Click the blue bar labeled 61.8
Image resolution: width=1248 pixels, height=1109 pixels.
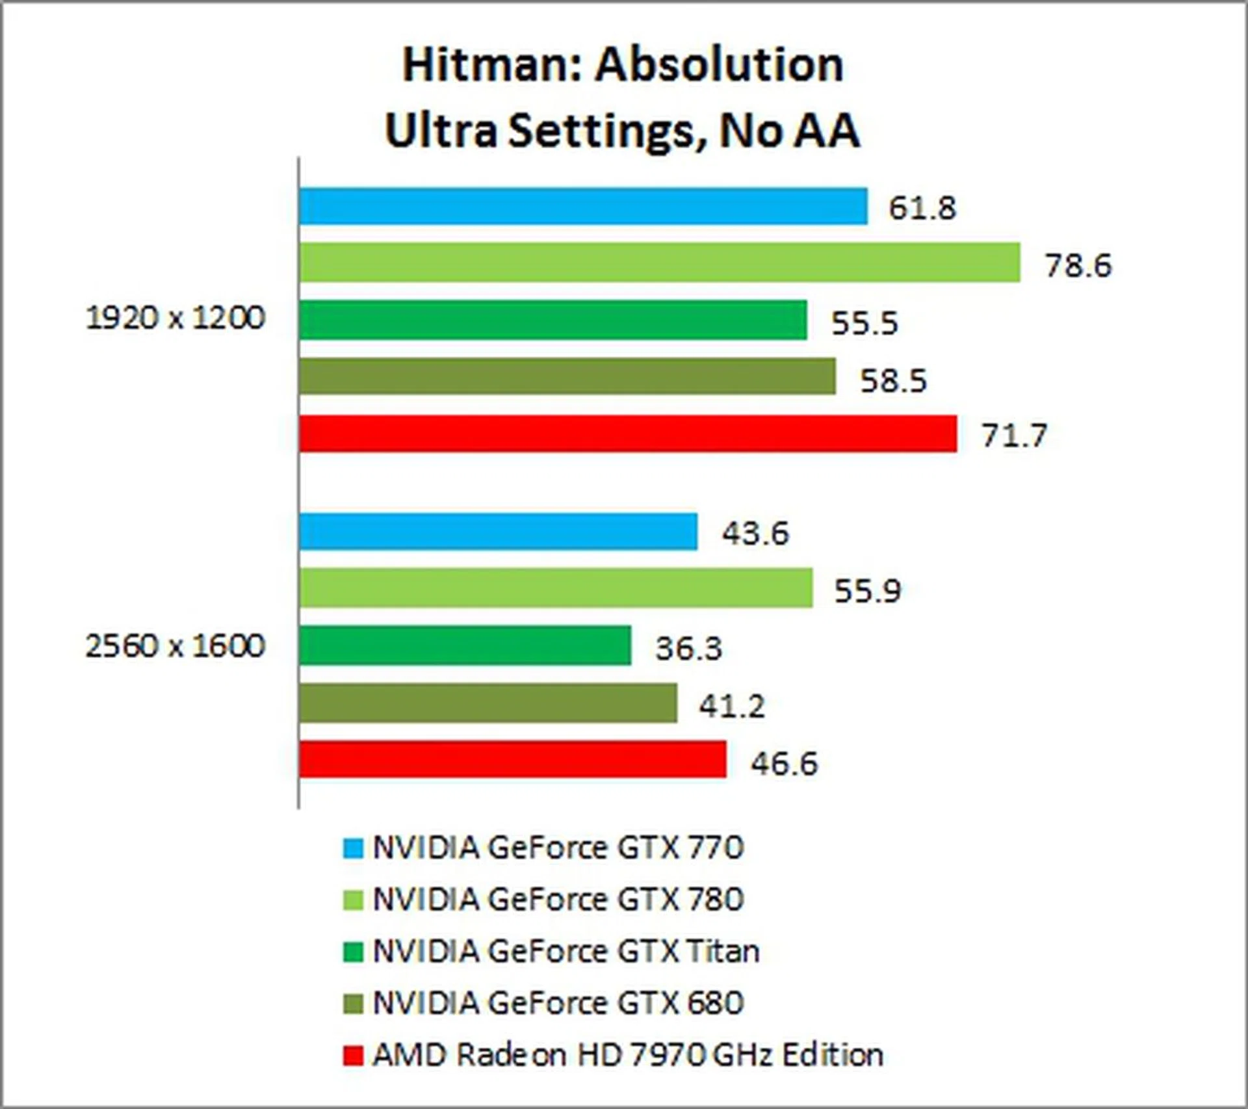tap(583, 206)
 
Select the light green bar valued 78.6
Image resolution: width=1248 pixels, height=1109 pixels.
tap(659, 263)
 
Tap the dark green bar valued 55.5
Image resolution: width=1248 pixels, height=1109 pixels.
tap(552, 320)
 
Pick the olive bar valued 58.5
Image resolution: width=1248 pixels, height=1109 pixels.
tap(567, 376)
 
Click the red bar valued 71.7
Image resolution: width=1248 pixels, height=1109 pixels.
tap(627, 434)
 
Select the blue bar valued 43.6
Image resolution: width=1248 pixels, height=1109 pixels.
tap(498, 532)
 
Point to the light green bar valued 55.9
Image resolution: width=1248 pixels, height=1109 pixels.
tap(556, 588)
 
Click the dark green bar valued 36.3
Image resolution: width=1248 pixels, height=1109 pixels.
tap(465, 646)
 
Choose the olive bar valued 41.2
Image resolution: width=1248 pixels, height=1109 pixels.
tap(487, 703)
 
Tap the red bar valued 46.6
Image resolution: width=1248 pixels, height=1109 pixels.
tap(512, 759)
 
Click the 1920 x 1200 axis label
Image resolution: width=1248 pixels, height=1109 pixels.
tap(175, 319)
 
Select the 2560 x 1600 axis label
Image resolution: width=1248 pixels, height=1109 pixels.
tap(175, 646)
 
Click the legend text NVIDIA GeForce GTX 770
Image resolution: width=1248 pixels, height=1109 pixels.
tap(558, 848)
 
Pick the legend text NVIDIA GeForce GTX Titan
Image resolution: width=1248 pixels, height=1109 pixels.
tap(565, 952)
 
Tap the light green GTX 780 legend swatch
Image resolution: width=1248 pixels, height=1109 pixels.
tap(352, 900)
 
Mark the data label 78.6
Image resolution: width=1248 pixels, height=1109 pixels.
tap(1078, 265)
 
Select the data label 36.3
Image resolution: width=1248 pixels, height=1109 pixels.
tap(688, 648)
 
